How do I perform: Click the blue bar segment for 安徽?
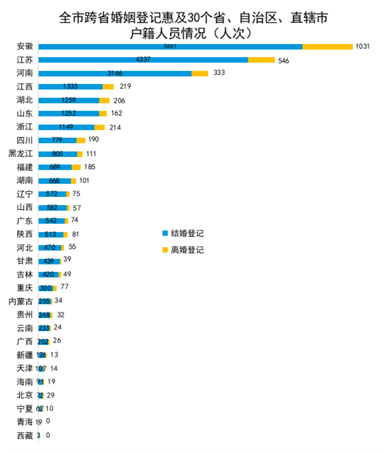click(170, 46)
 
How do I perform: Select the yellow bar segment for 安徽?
click(327, 46)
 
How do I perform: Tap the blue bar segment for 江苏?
click(142, 60)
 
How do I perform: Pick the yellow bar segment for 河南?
click(200, 73)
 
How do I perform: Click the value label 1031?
click(362, 46)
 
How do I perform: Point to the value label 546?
click(283, 60)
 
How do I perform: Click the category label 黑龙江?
click(21, 154)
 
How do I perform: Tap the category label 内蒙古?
click(21, 301)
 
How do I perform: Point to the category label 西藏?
click(25, 435)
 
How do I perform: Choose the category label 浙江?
click(25, 127)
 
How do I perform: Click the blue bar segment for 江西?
click(70, 87)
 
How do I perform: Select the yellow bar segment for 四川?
click(81, 140)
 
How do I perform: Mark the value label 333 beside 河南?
click(220, 73)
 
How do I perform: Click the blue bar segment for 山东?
click(68, 114)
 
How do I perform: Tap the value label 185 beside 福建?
click(90, 167)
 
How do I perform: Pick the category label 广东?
click(25, 220)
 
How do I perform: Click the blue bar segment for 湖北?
click(68, 100)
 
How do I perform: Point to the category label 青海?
click(25, 421)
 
